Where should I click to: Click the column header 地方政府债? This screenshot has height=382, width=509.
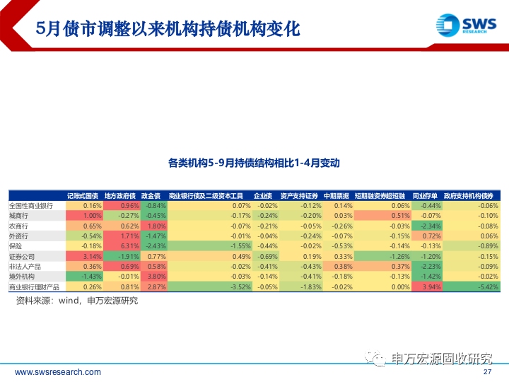point(119,195)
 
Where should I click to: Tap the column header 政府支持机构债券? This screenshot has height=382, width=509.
point(472,195)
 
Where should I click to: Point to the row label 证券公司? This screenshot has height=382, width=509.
point(24,256)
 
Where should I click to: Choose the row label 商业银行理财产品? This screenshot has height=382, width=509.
point(35,287)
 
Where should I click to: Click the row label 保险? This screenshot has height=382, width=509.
point(17,246)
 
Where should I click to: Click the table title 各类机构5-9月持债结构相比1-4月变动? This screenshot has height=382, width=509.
point(254,163)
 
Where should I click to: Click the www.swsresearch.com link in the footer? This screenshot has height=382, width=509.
point(57,372)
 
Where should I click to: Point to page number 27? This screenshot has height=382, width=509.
point(487,372)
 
